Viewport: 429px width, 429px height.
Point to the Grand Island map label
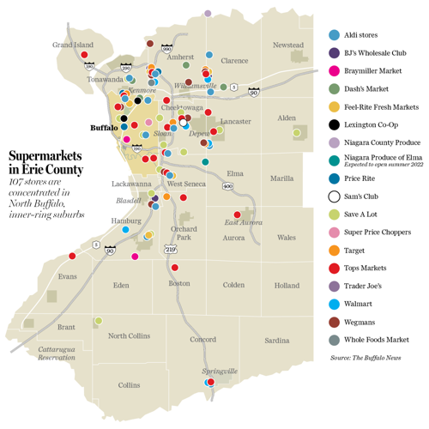(73, 44)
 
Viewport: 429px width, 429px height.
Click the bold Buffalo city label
(104, 128)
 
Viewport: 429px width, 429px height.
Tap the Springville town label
(218, 371)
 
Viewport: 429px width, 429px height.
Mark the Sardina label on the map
(277, 340)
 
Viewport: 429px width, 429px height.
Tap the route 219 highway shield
(170, 249)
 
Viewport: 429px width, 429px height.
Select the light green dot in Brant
(99, 321)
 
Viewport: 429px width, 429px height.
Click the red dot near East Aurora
(237, 214)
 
